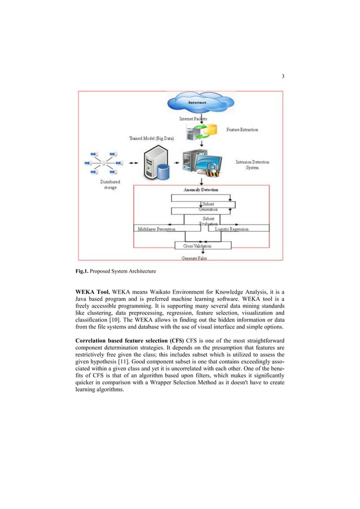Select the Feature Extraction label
click(242, 130)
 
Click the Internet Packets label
click(194, 119)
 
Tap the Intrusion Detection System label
click(252, 165)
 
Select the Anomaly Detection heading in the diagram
click(201, 190)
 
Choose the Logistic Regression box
click(236, 229)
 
